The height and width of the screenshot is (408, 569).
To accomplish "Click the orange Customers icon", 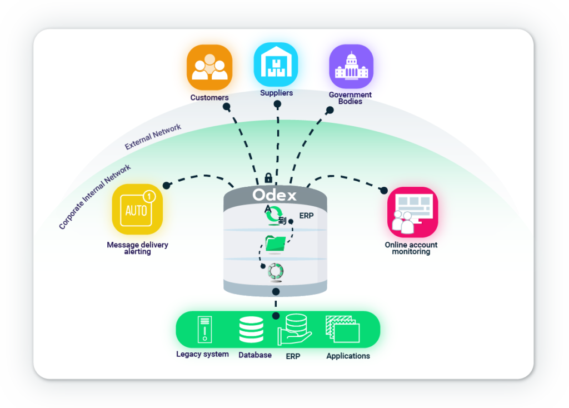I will tap(209, 67).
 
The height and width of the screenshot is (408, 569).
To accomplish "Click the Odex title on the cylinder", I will tap(274, 195).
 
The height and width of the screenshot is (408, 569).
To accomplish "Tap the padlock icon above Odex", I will tap(268, 178).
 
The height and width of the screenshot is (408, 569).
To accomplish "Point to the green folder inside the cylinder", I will tap(276, 243).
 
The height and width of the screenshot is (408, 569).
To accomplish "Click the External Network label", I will tap(153, 137).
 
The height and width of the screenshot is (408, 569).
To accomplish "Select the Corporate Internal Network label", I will tap(95, 196).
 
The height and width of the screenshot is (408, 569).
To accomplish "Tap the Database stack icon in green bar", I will tap(251, 330).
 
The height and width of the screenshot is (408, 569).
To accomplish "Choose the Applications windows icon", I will tap(343, 330).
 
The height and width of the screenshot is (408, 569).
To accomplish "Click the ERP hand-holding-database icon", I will tap(295, 330).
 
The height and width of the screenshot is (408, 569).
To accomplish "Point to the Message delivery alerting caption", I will tap(137, 248).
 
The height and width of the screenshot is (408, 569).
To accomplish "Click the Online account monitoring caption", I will tap(411, 248).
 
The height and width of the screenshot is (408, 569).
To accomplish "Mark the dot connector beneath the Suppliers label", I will tap(277, 104).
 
